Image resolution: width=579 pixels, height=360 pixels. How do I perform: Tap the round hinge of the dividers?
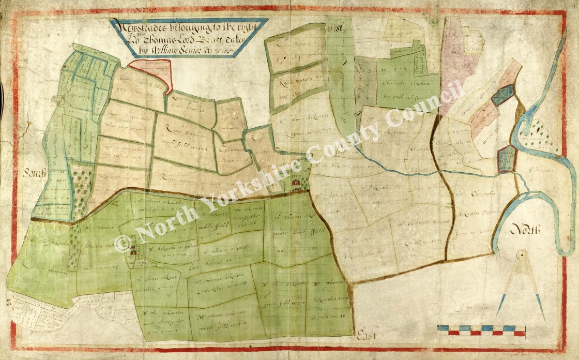coord(521,254)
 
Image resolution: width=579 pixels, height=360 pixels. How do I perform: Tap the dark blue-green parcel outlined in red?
coord(502,95)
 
